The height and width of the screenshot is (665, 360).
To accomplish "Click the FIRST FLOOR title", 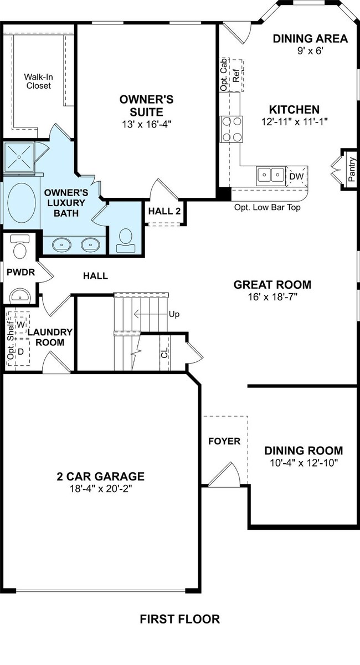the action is pyautogui.click(x=180, y=619).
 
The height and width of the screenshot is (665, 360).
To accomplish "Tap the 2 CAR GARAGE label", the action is pyautogui.click(x=101, y=477).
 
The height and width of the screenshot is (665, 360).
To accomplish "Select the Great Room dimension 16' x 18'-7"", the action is pyautogui.click(x=272, y=297).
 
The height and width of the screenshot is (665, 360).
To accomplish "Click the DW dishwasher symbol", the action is pyautogui.click(x=297, y=176).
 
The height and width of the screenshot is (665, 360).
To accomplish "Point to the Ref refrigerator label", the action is pyautogui.click(x=236, y=75).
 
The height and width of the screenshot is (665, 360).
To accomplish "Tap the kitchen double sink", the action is pyautogui.click(x=271, y=176).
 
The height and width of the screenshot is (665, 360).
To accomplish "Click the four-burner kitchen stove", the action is pyautogui.click(x=231, y=129).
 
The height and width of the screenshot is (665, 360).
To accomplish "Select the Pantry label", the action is pyautogui.click(x=352, y=169).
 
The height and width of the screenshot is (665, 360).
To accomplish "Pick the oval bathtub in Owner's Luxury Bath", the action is pyautogui.click(x=22, y=203).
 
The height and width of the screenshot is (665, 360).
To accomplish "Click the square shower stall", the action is pyautogui.click(x=19, y=156).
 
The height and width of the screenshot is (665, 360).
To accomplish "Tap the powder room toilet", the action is pyautogui.click(x=20, y=247).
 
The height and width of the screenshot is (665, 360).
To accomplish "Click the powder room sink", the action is pyautogui.click(x=20, y=296).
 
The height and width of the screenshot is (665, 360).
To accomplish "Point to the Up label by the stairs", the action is pyautogui.click(x=174, y=314).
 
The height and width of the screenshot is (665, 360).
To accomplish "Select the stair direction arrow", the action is pyautogui.click(x=151, y=314).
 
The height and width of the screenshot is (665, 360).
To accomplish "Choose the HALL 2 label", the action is pyautogui.click(x=164, y=211).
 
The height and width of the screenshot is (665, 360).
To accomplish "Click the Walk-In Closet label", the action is pyautogui.click(x=39, y=81).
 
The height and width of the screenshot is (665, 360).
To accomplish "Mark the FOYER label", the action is pyautogui.click(x=224, y=441).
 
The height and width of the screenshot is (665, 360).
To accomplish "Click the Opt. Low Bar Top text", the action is pyautogui.click(x=268, y=207).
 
